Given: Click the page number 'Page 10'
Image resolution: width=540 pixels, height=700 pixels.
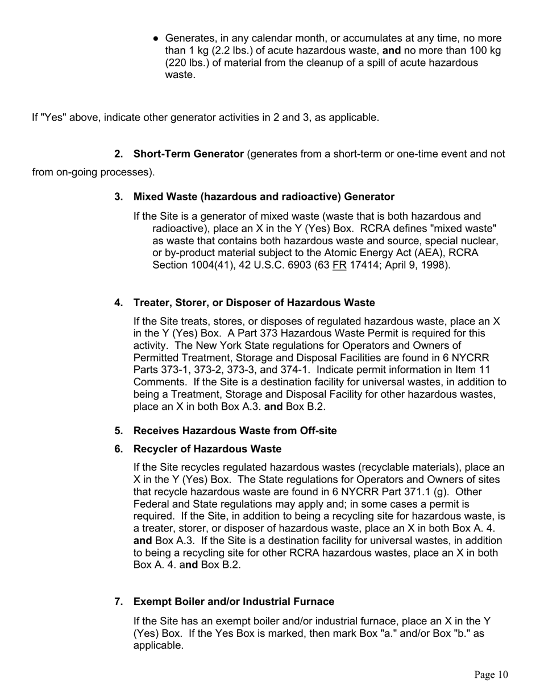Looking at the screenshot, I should coord(491,675).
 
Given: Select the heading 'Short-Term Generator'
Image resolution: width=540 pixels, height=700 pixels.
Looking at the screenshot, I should coord(188,154).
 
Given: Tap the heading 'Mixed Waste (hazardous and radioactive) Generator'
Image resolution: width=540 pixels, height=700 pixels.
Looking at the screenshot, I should coord(264,197).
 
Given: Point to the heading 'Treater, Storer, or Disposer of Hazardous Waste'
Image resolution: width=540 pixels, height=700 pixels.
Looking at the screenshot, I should coord(254,302).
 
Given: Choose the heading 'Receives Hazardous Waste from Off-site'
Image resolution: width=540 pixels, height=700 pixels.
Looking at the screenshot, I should coord(235,431).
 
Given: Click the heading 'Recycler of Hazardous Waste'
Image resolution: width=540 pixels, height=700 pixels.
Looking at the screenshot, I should coord(207,449).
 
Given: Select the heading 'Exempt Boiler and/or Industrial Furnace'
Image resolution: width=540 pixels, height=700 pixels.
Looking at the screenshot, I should coord(234,602).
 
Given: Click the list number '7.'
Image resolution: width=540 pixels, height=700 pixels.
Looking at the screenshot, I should coord(119,602).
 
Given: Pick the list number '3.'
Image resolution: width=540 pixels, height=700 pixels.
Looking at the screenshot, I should coord(119,197).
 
